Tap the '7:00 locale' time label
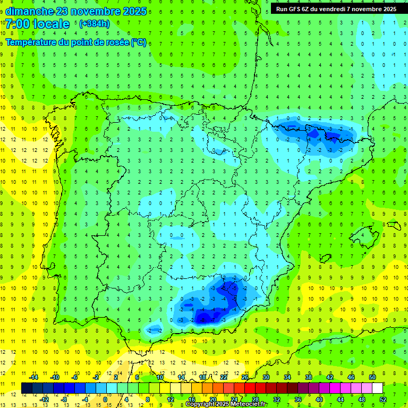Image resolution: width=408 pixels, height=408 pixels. pos(38,23)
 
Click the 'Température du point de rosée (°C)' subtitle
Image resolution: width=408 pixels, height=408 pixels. pos(75,42)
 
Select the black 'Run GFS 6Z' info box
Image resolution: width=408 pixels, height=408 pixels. pos(336,8)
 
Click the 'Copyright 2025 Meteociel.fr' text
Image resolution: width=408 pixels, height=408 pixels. pos(227,404)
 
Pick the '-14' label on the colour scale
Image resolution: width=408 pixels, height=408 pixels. pos(33,377)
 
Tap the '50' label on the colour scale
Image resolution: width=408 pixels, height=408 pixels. pos(372,377)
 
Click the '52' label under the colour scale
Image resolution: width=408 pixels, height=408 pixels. pos(383,399)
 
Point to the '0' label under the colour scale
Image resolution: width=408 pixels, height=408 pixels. pos(105,399)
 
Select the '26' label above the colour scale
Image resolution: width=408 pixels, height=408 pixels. pos(245,377)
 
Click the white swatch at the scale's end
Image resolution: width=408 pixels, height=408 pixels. pos(377,388)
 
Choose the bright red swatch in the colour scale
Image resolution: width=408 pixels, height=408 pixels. pos(250,388)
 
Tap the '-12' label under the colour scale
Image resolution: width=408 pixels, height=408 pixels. pos(45,399)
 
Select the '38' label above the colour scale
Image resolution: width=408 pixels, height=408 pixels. pos(309,377)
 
